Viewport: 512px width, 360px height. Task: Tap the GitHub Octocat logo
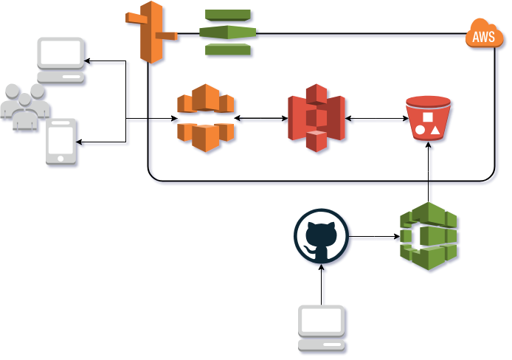(x=321, y=236)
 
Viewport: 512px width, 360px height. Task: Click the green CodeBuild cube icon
(x=429, y=236)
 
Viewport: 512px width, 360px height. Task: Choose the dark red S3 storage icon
(x=316, y=118)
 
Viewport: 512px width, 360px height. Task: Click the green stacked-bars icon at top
(x=227, y=32)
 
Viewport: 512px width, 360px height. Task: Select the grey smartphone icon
(x=62, y=141)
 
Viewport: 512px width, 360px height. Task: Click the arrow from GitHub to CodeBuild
(x=373, y=237)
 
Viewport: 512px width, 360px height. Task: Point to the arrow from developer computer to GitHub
(x=322, y=284)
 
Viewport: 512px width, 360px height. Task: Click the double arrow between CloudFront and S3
(x=260, y=118)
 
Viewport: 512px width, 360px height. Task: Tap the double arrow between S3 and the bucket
(x=375, y=118)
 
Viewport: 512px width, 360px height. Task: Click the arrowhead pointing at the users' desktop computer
(x=86, y=61)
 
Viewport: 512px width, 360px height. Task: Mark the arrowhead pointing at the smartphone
(x=83, y=142)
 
